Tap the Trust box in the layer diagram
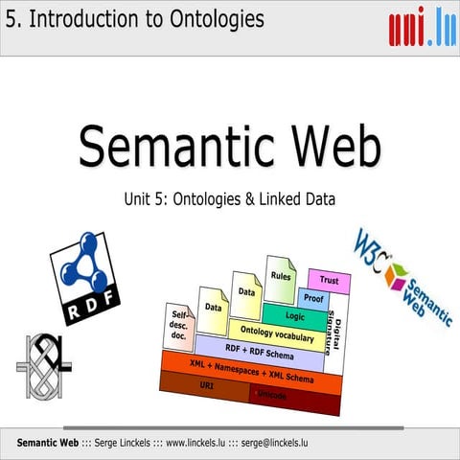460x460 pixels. (x=329, y=281)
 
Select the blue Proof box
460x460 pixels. (x=313, y=299)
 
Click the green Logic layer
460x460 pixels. (x=294, y=315)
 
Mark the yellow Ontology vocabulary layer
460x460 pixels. (x=276, y=333)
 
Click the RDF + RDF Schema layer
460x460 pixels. (x=258, y=350)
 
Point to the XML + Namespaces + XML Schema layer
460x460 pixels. (x=251, y=369)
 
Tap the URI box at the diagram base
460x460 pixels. (x=205, y=384)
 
